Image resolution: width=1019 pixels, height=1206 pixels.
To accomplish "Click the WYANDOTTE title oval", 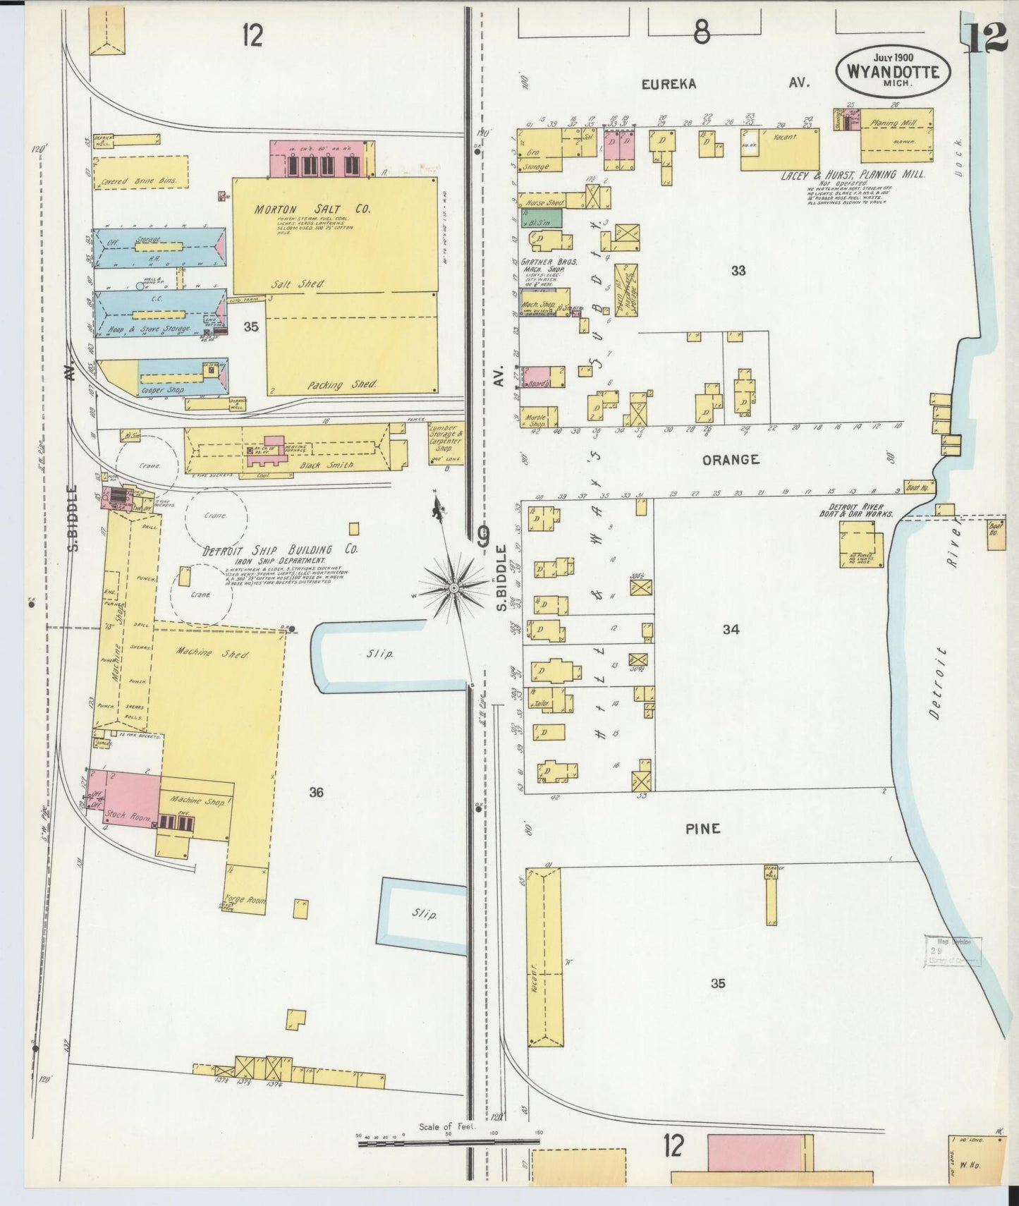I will pyautogui.click(x=892, y=71).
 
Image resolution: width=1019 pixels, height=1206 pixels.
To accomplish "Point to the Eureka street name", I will pyautogui.click(x=669, y=84).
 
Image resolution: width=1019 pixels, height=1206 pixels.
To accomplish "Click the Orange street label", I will pyautogui.click(x=730, y=460).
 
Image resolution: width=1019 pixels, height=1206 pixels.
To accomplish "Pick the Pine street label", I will pyautogui.click(x=703, y=829).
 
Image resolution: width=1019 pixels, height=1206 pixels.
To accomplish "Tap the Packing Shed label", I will pyautogui.click(x=341, y=385).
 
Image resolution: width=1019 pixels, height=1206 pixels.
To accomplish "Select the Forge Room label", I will pyautogui.click(x=243, y=899).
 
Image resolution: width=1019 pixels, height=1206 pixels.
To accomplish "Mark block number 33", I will pyautogui.click(x=738, y=270).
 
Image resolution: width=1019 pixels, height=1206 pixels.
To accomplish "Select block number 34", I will pyautogui.click(x=731, y=629).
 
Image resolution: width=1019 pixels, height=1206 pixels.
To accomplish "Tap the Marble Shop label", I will pyautogui.click(x=537, y=420).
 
